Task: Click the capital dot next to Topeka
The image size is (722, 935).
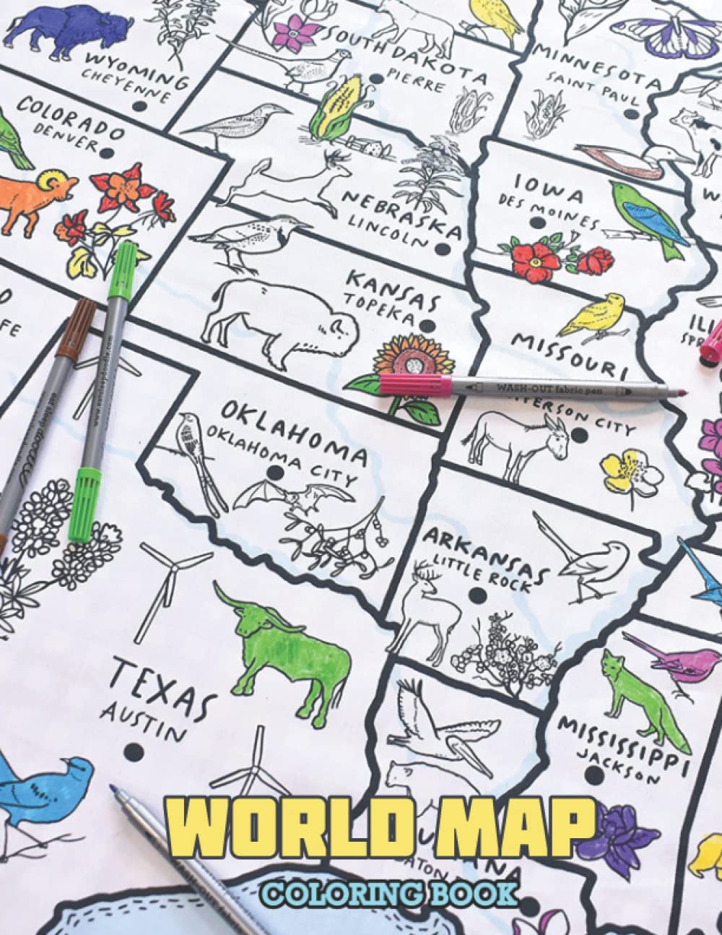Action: [431, 326]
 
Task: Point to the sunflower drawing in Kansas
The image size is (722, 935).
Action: [401, 362]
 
